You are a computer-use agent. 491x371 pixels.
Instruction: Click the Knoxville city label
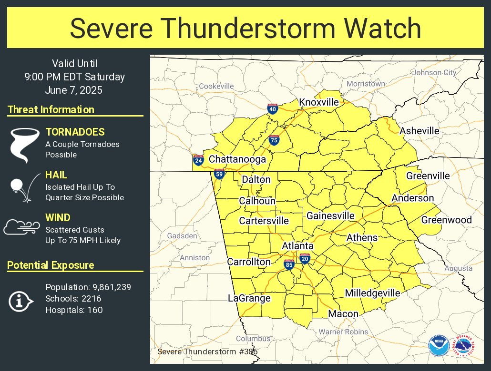[319, 102]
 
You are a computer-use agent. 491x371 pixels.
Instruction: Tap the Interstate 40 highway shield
[273, 109]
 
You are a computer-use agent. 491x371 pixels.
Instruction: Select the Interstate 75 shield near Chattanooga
[274, 139]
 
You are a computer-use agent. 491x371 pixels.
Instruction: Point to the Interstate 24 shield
[198, 160]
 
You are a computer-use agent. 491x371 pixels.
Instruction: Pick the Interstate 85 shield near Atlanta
[289, 264]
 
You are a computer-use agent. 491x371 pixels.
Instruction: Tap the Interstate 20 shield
[305, 258]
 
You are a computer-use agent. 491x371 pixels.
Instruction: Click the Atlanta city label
[297, 246]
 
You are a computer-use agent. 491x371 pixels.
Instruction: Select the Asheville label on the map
[419, 131]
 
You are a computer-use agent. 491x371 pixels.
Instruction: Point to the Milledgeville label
[373, 293]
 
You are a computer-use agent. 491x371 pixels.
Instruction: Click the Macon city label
[343, 314]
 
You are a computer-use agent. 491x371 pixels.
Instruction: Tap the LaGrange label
[249, 298]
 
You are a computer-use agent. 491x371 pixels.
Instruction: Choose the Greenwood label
[446, 220]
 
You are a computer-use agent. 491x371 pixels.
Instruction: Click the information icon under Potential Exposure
[20, 301]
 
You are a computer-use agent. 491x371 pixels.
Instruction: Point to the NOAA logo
[438, 345]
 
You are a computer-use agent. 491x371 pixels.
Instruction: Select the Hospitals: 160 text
[74, 310]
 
